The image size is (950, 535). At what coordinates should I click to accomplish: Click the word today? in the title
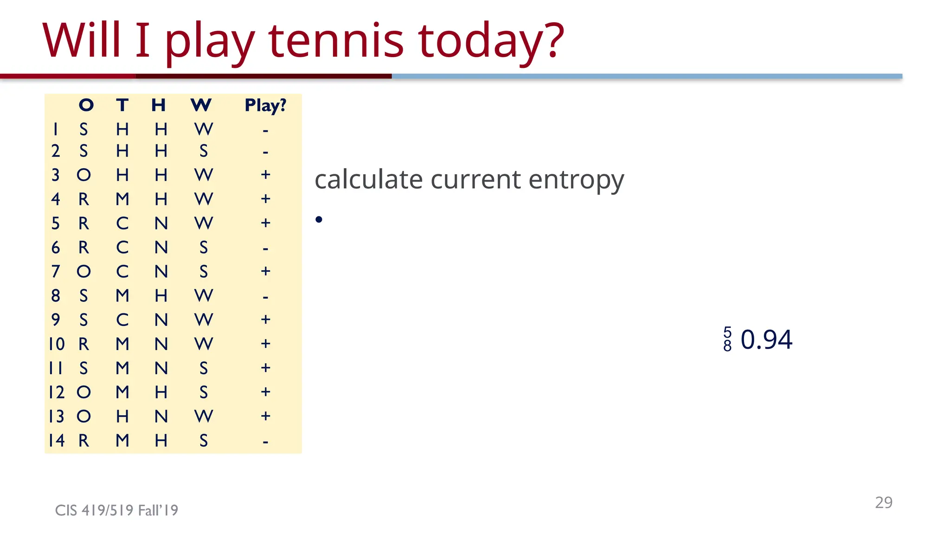point(491,42)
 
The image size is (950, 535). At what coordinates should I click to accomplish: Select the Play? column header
point(265,105)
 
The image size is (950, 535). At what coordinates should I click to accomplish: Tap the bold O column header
point(86,105)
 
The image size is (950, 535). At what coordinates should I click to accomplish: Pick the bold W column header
point(201,105)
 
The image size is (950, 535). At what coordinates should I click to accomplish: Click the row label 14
point(57,440)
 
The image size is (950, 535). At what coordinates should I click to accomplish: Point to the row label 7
point(56,271)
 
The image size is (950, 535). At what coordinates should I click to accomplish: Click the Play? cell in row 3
point(265,175)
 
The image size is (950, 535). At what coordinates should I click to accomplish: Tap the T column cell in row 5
point(122,223)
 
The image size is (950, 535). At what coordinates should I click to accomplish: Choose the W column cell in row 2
point(204,151)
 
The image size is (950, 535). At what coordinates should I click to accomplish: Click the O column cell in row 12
point(83,392)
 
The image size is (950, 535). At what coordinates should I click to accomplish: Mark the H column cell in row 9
point(161,320)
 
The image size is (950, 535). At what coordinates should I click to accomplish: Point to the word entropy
point(576,180)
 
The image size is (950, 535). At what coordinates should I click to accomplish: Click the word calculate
point(368,179)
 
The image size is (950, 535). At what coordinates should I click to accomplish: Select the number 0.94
point(766,339)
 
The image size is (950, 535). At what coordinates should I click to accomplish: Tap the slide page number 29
point(884,502)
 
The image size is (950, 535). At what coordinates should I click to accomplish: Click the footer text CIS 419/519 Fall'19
point(116,510)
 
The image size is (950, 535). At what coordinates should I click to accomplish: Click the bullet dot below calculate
point(319,220)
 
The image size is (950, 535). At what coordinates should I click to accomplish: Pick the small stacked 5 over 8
point(727,339)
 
